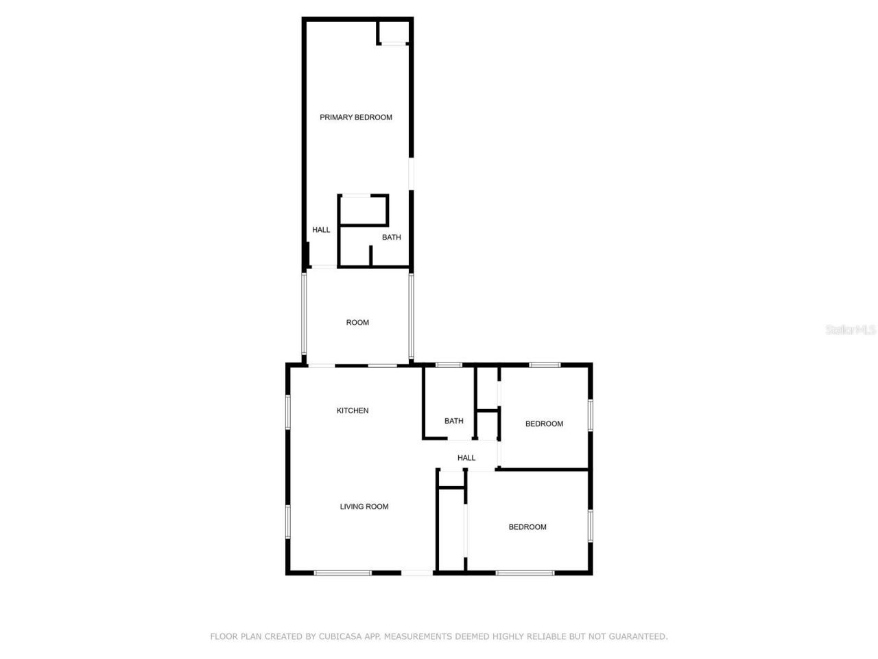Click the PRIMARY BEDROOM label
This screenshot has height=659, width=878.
point(356,117)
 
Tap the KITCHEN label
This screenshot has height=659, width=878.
point(353,411)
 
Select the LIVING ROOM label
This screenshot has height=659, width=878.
point(364,507)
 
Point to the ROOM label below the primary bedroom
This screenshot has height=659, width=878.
point(357,323)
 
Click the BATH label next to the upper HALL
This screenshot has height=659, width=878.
point(392,238)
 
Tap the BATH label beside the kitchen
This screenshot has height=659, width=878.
point(454,421)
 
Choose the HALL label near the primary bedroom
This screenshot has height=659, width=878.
point(321,230)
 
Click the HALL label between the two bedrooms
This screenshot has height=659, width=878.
point(466,458)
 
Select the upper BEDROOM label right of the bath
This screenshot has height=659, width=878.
point(544,424)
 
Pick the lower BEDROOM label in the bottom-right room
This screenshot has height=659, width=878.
point(527,527)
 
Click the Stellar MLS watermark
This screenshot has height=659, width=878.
point(851,330)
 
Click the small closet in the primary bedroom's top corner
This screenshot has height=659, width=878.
point(394,32)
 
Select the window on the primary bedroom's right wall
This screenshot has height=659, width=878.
point(411,174)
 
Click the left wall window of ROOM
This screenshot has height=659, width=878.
point(304,314)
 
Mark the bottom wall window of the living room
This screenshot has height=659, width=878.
point(342,573)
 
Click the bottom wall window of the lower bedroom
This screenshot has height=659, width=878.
point(525,573)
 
